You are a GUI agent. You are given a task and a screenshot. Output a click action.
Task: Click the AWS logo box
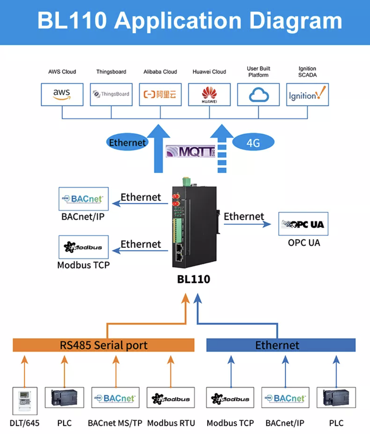pyautogui.click(x=62, y=94)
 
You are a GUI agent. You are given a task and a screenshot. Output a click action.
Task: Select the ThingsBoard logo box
pyautogui.click(x=111, y=94)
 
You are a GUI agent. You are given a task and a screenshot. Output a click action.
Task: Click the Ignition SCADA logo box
pyautogui.click(x=307, y=94)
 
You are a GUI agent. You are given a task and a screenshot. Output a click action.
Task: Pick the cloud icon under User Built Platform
pyautogui.click(x=258, y=94)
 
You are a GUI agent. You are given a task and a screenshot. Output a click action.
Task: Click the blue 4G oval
pyautogui.click(x=253, y=143)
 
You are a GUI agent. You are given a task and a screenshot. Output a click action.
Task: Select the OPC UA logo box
pyautogui.click(x=304, y=224)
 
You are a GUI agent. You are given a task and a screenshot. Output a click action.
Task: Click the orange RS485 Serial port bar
pyautogui.click(x=104, y=345)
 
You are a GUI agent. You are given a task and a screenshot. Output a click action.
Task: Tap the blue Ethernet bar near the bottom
pyautogui.click(x=280, y=345)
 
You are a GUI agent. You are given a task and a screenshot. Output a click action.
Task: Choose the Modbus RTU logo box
pyautogui.click(x=171, y=398)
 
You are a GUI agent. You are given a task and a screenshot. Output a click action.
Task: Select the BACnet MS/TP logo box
pyautogui.click(x=116, y=398)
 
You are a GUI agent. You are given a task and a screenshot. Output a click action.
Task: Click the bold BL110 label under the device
pyautogui.click(x=193, y=279)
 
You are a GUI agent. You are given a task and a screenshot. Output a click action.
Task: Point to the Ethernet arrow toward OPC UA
pyautogui.click(x=244, y=223)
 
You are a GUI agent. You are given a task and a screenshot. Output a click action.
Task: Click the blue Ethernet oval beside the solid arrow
pyautogui.click(x=127, y=143)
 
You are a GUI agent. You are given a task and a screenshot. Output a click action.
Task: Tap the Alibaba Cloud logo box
pyautogui.click(x=160, y=94)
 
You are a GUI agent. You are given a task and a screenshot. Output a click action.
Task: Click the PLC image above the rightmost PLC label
pyautogui.click(x=336, y=398)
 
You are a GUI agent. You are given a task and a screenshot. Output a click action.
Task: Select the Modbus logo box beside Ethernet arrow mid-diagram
pyautogui.click(x=83, y=247)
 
